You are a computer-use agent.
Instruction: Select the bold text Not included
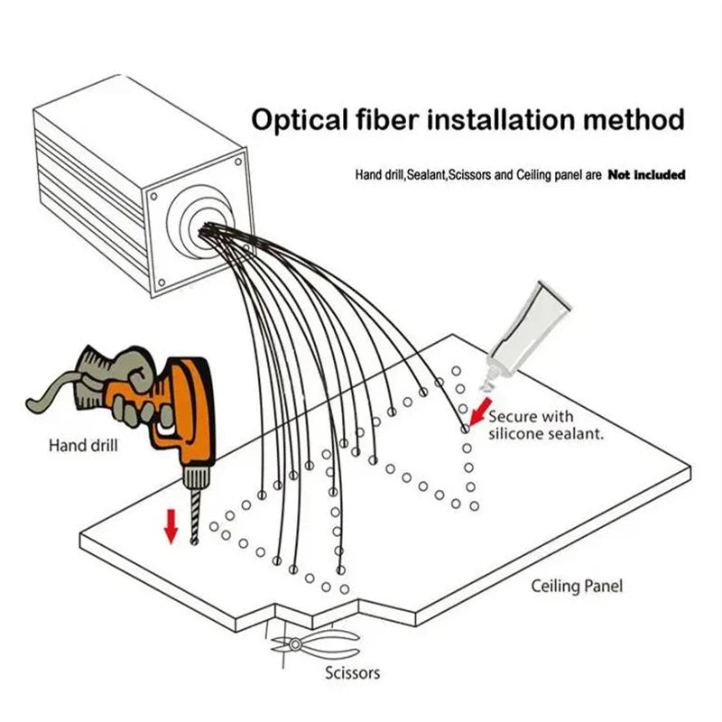(x=646, y=174)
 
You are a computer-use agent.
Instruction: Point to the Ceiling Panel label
(x=576, y=586)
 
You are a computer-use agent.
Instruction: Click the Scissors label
(x=352, y=672)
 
